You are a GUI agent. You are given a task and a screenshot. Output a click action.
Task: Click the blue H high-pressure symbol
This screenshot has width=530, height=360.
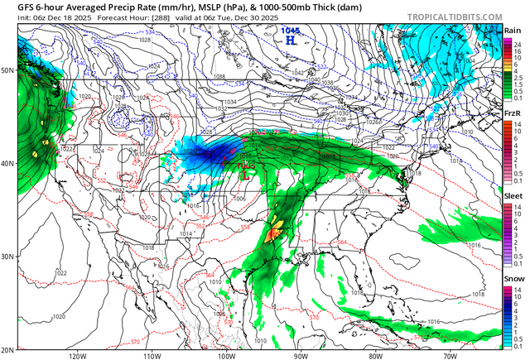290,39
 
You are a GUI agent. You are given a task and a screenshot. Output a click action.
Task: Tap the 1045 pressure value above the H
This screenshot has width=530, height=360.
290,29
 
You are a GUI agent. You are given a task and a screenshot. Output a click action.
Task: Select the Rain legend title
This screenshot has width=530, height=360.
513,31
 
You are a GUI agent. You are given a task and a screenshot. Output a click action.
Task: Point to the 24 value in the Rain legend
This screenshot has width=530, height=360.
517,40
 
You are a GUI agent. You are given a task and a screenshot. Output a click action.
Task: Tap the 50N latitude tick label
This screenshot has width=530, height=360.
8,70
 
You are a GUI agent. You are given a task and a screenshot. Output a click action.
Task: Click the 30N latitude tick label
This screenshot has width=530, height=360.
8,256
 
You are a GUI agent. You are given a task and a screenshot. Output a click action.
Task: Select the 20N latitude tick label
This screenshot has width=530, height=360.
8,349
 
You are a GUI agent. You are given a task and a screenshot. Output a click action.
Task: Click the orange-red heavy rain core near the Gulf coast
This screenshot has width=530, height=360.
275,234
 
